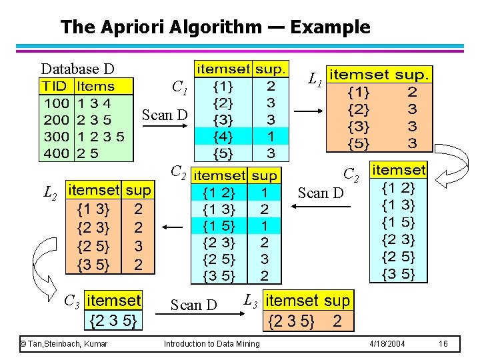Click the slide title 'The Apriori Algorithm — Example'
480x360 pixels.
[215, 27]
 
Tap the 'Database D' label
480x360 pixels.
[77, 69]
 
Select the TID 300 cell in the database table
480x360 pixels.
[56, 137]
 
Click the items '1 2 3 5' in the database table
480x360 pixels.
[101, 137]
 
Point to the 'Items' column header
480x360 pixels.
[95, 87]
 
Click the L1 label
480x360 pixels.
[315, 79]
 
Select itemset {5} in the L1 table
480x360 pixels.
[359, 142]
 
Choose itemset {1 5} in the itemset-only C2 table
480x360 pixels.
[399, 222]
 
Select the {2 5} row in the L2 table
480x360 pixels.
[94, 246]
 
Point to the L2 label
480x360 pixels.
[49, 194]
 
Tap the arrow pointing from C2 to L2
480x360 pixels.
[173, 227]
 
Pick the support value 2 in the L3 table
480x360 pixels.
[337, 322]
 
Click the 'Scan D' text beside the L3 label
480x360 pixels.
[193, 305]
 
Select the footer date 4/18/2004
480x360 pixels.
[387, 343]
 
